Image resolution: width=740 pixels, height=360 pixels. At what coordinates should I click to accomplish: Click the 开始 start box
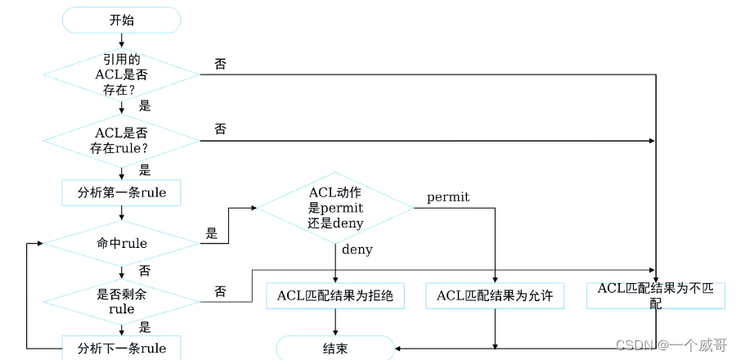click(121, 20)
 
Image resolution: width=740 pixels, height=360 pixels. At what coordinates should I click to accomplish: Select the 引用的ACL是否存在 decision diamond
click(121, 74)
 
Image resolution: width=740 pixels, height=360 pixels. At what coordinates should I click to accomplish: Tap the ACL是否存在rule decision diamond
click(121, 141)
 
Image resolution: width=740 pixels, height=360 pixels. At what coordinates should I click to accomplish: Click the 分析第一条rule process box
click(121, 193)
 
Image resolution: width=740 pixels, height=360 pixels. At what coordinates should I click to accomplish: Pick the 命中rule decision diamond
click(121, 243)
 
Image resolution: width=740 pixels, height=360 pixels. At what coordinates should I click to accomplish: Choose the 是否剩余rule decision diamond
click(121, 302)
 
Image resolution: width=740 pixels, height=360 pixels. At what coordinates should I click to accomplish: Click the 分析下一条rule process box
click(121, 349)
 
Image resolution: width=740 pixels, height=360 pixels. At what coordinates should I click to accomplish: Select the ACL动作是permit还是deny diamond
click(335, 208)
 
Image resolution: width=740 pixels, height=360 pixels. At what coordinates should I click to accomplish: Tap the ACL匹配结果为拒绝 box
click(335, 295)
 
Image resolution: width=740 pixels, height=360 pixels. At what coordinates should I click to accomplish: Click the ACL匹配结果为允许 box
click(495, 295)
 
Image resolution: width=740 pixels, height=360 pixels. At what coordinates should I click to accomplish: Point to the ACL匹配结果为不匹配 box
click(656, 295)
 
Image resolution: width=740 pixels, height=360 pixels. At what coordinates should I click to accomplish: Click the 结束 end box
click(335, 349)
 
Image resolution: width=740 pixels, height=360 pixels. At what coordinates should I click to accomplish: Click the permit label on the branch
click(448, 197)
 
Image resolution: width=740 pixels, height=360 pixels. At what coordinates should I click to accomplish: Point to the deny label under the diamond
click(357, 250)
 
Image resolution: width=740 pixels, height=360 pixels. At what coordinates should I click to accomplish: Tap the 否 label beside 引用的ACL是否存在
click(220, 64)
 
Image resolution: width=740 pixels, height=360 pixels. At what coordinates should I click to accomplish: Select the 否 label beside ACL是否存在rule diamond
click(220, 129)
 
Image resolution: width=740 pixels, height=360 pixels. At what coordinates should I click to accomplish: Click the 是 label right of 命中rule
click(212, 234)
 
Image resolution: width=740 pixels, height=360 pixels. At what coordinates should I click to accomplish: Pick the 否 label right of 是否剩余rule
click(220, 291)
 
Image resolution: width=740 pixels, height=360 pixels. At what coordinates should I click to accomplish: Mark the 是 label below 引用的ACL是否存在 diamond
click(146, 106)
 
